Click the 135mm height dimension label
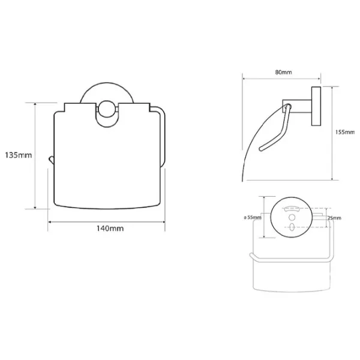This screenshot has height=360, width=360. point(19,155)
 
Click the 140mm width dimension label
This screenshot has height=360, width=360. point(110,229)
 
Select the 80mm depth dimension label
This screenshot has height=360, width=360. point(284,72)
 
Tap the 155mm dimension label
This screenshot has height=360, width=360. point(345,132)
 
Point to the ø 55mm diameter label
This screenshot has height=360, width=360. point(253,217)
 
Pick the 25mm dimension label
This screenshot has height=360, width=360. point(334,218)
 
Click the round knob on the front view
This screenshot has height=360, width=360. point(107,109)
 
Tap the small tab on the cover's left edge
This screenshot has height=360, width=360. point(51,160)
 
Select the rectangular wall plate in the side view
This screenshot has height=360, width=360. point(316,106)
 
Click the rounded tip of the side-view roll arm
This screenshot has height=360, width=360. point(260,149)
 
